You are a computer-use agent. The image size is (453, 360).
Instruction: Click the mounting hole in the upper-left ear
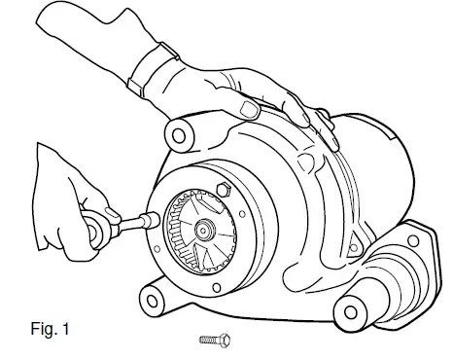pyautogui.click(x=178, y=131)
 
